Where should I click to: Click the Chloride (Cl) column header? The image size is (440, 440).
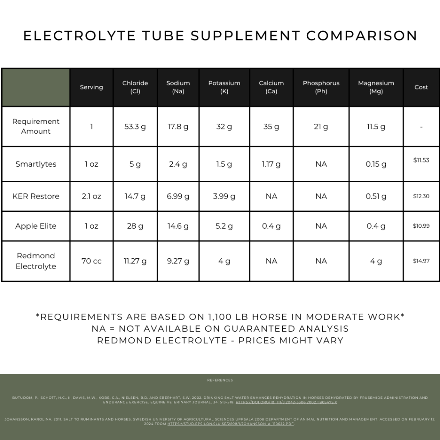click(x=135, y=87)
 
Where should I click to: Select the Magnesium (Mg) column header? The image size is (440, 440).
click(x=376, y=87)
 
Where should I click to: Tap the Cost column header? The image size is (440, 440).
click(x=421, y=87)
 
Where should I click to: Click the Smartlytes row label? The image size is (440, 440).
click(x=36, y=164)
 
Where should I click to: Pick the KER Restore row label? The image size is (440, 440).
click(x=36, y=196)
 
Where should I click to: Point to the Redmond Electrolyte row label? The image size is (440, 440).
click(x=36, y=261)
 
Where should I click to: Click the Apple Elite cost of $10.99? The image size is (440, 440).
click(x=421, y=226)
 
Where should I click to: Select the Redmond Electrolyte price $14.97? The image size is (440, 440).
click(x=421, y=261)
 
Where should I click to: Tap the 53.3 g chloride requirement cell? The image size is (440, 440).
click(x=135, y=127)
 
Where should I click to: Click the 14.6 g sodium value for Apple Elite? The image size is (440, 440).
click(x=178, y=226)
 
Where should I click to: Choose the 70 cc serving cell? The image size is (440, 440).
click(x=92, y=261)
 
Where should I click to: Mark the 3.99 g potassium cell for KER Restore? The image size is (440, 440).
click(x=224, y=196)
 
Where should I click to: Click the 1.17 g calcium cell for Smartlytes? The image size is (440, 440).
click(x=271, y=164)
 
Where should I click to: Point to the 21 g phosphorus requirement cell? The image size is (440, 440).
click(x=321, y=127)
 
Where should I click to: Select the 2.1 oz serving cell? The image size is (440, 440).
click(x=92, y=196)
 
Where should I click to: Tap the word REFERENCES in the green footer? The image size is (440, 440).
click(x=220, y=380)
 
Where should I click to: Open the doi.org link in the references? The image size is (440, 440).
click(x=286, y=402)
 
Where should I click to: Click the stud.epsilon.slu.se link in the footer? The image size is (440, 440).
click(x=231, y=424)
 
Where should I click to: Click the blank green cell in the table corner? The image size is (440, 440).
click(x=36, y=87)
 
